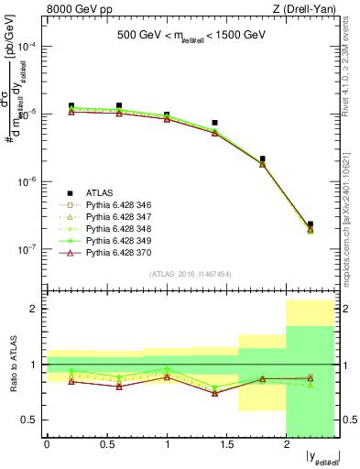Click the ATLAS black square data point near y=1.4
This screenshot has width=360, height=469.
coord(214,122)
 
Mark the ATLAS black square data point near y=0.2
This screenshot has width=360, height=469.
coord(71,106)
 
